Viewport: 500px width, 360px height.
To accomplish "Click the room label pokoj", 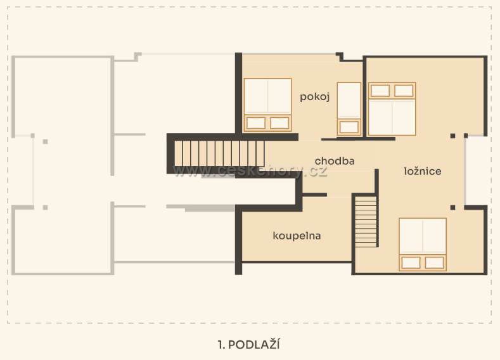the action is [314, 97].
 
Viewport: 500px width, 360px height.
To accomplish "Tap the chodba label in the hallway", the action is [335, 161].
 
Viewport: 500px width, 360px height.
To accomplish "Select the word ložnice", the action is [423, 171].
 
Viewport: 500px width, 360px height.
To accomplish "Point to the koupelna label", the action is [297, 236].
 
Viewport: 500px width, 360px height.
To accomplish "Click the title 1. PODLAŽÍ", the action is [249, 344].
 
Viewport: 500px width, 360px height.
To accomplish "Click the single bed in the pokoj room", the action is [349, 109].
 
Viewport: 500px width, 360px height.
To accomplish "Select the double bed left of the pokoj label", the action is [267, 105].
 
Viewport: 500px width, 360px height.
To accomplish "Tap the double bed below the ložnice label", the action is [423, 245].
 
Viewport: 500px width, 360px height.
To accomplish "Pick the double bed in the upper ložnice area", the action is [392, 109].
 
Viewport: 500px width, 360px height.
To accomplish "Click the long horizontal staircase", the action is [219, 153].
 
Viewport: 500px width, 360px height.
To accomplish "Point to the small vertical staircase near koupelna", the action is [366, 222].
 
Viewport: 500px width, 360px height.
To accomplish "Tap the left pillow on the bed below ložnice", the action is [411, 262].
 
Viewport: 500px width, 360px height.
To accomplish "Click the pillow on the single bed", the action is [349, 127].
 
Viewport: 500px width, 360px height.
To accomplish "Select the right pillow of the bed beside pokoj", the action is [279, 123].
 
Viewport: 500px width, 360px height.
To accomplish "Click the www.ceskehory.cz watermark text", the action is [250, 172].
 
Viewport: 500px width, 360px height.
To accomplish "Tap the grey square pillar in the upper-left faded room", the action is [45, 141].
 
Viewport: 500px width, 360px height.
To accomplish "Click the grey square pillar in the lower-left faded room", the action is [45, 208].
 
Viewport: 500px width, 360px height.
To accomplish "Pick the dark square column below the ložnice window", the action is [453, 208].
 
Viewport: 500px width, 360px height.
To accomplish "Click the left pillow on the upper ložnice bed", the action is [380, 91].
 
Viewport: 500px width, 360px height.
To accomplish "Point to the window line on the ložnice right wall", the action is [465, 170].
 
